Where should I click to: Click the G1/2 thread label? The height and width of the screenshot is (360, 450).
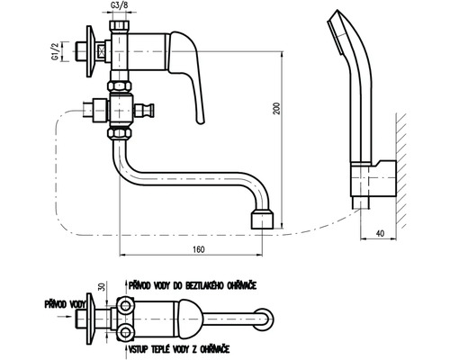55,52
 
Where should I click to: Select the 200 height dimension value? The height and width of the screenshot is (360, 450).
277,109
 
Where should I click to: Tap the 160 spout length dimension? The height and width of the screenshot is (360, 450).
198,249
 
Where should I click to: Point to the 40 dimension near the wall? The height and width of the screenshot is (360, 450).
380,233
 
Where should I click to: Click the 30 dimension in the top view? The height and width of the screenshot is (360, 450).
102,287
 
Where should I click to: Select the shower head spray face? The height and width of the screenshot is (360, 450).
335,36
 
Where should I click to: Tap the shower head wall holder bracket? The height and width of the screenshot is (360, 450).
373,179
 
